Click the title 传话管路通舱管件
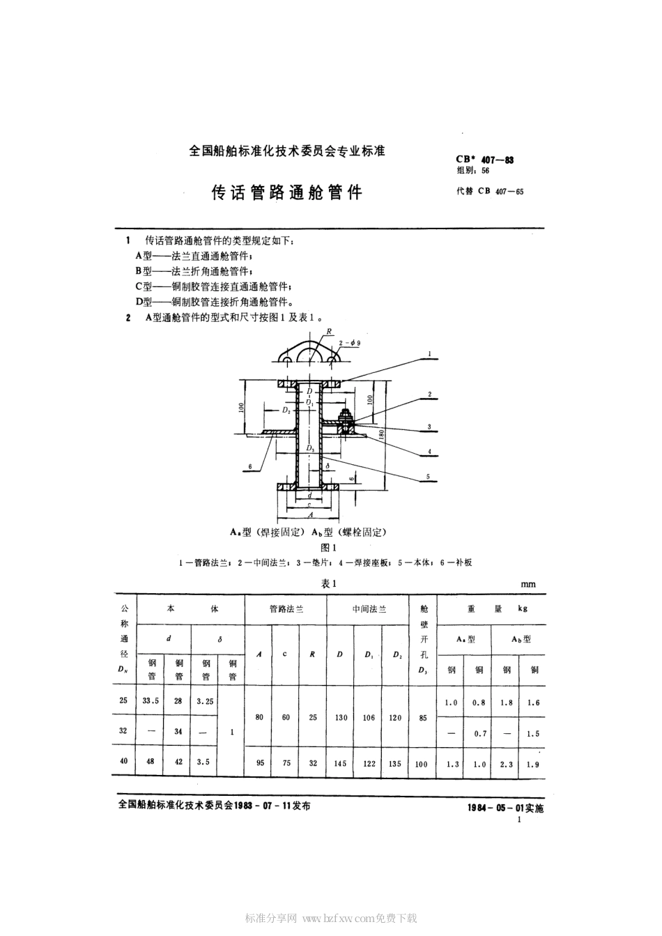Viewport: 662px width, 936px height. [287, 193]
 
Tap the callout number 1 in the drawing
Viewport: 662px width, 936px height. [430, 354]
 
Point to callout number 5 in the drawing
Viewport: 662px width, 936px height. [430, 477]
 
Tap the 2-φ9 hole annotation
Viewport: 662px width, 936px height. [350, 343]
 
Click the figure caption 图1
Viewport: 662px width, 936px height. [328, 547]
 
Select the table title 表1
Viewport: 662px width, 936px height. [329, 584]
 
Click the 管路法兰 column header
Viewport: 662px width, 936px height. [286, 608]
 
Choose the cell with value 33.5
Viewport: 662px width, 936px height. [151, 701]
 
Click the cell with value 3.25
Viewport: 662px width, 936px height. [205, 701]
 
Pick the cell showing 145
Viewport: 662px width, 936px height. [339, 763]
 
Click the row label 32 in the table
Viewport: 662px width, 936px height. [123, 731]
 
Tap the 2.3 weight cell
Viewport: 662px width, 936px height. [506, 764]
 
